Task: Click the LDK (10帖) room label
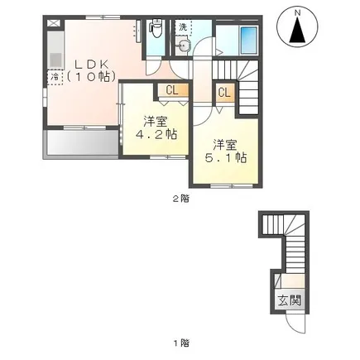pos(91,71)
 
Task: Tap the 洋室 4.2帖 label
pos(156,127)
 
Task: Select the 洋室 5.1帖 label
pos(225,151)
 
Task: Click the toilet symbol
pos(156,28)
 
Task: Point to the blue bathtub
pos(249,41)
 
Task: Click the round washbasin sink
pos(182,46)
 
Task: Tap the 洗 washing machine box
pos(183,27)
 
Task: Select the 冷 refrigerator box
pos(55,77)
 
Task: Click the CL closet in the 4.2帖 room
pos(173,91)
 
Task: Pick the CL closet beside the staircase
pos(225,93)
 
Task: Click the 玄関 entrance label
pos(289,300)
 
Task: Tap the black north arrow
pos(297,30)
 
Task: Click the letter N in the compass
pos(297,12)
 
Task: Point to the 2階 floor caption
pos(181,199)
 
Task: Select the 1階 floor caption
pos(181,343)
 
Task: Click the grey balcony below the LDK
pos(83,142)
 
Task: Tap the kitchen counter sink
pos(55,60)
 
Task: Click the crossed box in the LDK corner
pos(54,23)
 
